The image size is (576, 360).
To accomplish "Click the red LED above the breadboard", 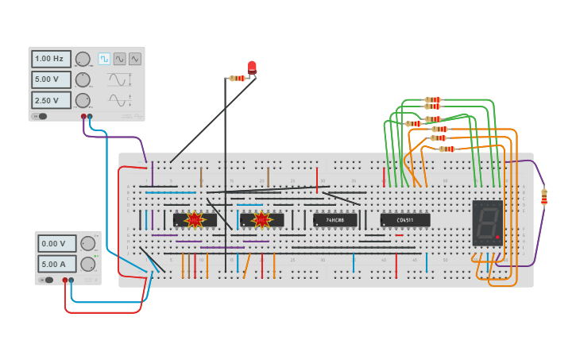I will point(252,67).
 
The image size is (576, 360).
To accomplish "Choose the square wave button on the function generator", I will point(104,59).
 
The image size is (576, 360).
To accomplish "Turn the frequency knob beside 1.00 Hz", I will point(83,59).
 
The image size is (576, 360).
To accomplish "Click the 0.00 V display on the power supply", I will point(57,244).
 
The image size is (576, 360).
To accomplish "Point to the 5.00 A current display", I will point(57,264).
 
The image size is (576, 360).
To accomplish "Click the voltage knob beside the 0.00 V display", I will point(88,244).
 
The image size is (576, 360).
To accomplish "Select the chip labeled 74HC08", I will point(334,220).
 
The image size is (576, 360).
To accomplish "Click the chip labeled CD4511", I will point(405,220).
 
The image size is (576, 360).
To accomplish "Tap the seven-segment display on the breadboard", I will point(487,223).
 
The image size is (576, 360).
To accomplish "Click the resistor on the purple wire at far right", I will point(544,196).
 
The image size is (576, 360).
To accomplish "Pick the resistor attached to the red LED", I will point(237,78).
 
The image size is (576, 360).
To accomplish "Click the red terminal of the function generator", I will point(83,117).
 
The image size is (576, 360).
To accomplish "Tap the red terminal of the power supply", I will point(65,280).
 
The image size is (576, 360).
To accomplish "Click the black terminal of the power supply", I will point(72,280).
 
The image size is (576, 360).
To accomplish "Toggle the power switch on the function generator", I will point(39,117).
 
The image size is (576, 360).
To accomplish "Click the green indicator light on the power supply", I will point(96,256).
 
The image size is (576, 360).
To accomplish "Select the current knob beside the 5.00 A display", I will point(87,264).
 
